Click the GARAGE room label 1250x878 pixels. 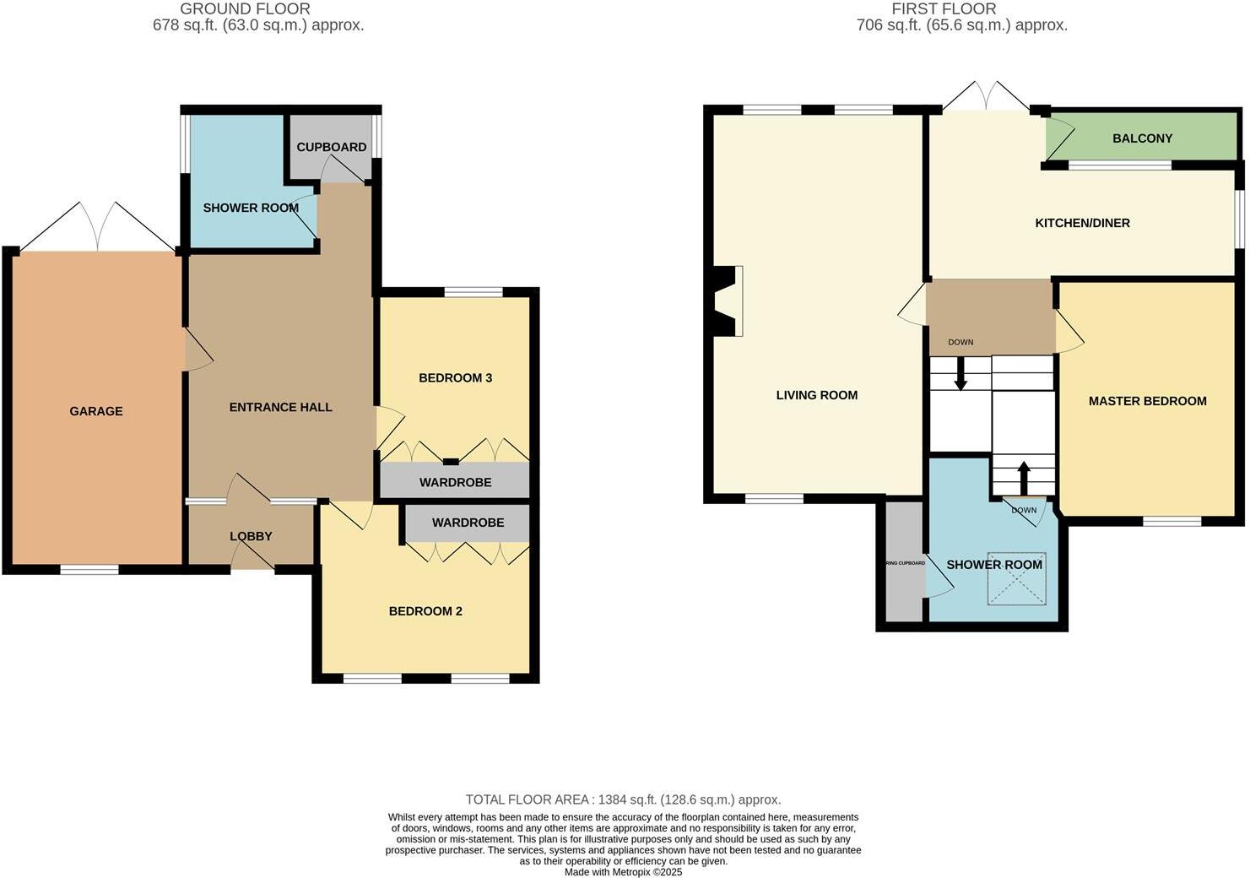[96, 411]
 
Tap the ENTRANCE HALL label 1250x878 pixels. [280, 407]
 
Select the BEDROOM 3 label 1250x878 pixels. [455, 377]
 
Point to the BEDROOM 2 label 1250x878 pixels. [425, 611]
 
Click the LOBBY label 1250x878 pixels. [251, 536]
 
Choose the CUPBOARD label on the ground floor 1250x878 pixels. [332, 147]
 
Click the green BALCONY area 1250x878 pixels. [1142, 138]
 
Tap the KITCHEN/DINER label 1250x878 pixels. [1082, 223]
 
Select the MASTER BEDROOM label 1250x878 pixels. [1147, 401]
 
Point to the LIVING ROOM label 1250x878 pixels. [816, 395]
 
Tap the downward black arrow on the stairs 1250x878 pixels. [960, 374]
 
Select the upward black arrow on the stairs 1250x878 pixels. [1023, 477]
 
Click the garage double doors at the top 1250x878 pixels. [98, 228]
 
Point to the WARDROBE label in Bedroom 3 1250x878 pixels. [455, 482]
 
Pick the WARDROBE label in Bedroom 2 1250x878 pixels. [468, 523]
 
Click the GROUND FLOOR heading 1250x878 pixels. [245, 9]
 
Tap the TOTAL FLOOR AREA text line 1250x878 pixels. [623, 799]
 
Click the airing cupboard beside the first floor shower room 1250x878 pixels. [902, 563]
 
